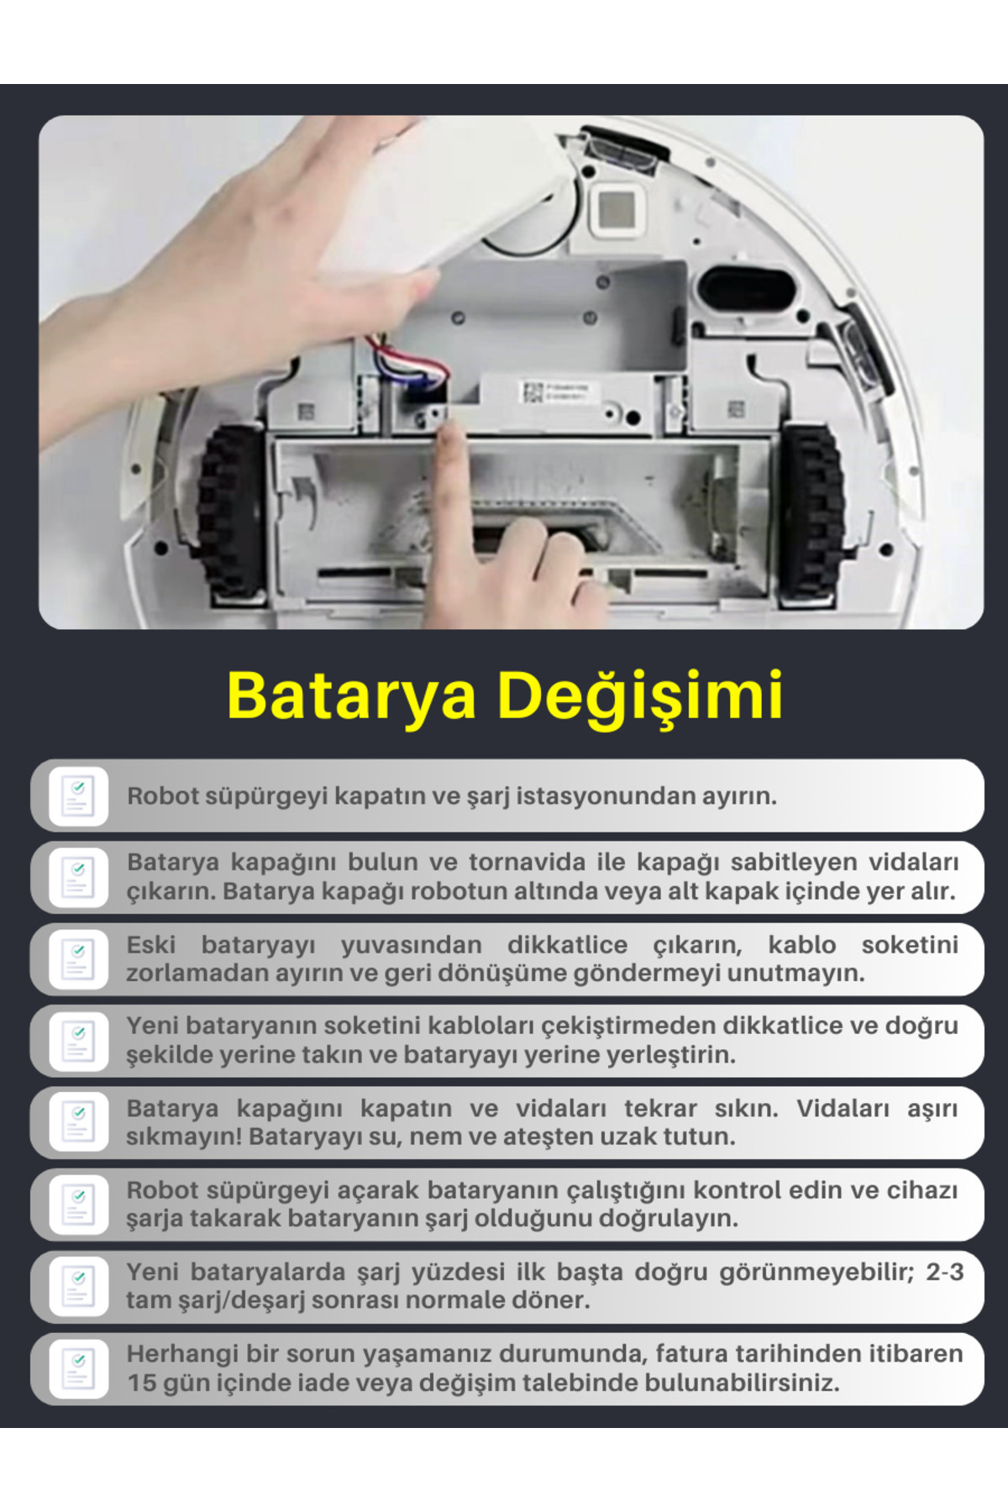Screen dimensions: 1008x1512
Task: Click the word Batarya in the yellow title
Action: point(352,696)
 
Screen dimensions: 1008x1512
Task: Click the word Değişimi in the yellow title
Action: point(640,696)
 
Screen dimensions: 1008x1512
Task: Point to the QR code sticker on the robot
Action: point(532,391)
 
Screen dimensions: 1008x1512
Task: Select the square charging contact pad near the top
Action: point(618,208)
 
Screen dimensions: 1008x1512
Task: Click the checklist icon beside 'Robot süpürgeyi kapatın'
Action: point(78,795)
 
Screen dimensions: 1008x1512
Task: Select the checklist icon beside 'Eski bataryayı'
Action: point(78,959)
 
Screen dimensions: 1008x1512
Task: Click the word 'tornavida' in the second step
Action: point(527,862)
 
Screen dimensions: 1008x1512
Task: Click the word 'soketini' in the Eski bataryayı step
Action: point(910,944)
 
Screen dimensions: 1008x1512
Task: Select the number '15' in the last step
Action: point(141,1382)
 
